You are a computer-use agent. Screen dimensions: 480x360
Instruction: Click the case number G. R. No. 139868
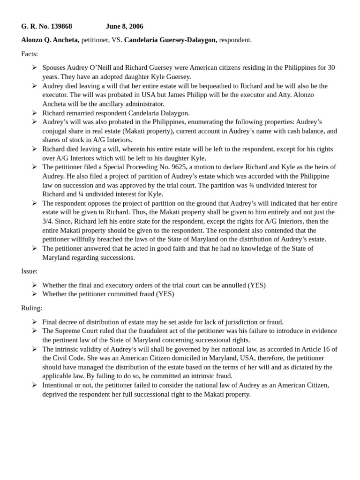(x=46, y=26)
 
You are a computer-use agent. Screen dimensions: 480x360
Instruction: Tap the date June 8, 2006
(x=125, y=26)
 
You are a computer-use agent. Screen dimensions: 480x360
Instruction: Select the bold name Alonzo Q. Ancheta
(x=50, y=40)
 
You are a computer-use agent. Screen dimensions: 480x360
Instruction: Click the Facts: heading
(x=30, y=54)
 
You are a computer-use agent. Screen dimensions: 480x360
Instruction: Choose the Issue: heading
(x=30, y=271)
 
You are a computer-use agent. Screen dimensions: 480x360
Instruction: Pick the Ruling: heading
(x=31, y=308)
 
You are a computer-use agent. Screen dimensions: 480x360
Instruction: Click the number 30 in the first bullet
(x=330, y=67)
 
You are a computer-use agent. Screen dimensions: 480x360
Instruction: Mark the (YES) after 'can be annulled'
(x=256, y=285)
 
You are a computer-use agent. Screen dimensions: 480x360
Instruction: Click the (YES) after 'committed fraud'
(x=165, y=294)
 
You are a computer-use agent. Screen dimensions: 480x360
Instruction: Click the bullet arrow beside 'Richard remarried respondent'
(x=35, y=113)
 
